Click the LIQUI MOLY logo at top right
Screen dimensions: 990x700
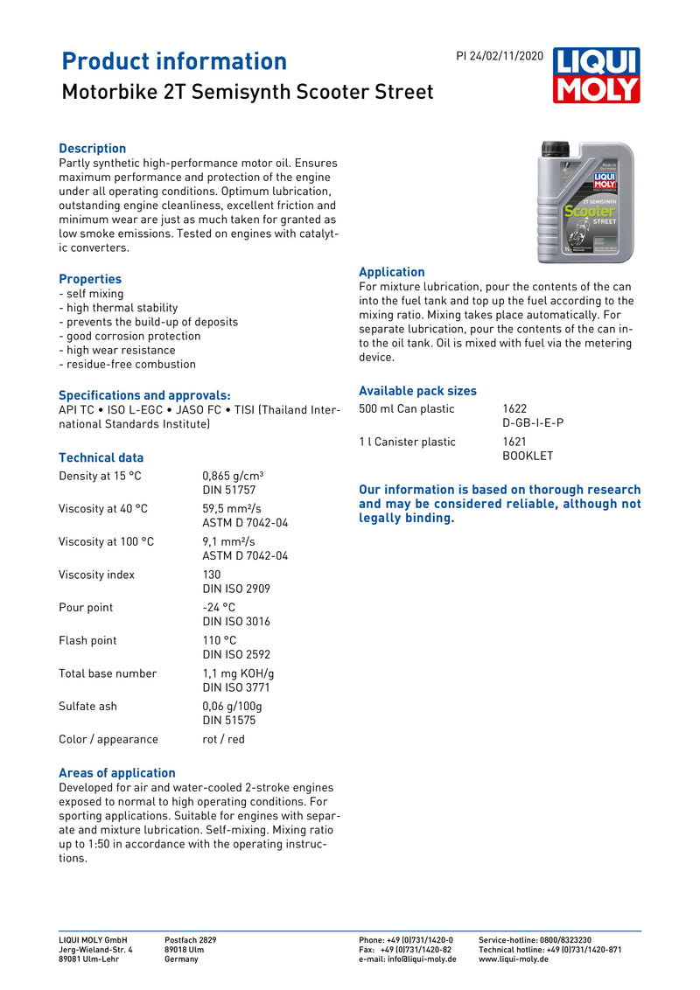[596, 75]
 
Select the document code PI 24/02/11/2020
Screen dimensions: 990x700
[500, 56]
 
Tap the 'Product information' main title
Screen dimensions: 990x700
[174, 61]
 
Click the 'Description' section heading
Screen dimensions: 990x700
[92, 149]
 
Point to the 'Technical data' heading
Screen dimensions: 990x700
[101, 457]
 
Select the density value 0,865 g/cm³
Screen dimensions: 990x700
[233, 476]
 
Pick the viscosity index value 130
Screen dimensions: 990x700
[213, 575]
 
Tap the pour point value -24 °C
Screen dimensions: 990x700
[219, 607]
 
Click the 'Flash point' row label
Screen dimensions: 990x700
[87, 640]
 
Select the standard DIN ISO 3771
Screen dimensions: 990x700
[236, 687]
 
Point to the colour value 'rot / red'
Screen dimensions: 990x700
[223, 739]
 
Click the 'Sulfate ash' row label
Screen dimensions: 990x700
[87, 706]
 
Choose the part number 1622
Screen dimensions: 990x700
[514, 408]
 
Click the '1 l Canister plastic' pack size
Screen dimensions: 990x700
[407, 442]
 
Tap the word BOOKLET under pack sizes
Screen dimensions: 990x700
[528, 456]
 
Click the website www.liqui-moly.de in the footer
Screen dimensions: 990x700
[514, 959]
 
